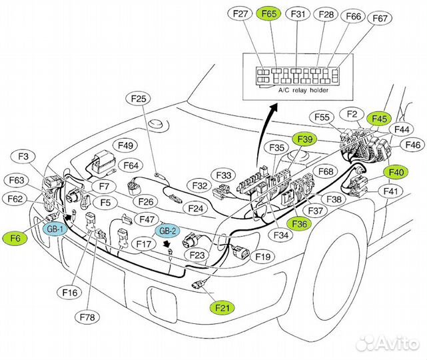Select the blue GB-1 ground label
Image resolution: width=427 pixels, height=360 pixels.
tap(54, 229)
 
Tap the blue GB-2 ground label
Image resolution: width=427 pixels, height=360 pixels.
tap(167, 231)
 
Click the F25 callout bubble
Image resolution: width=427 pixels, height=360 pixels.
tap(139, 99)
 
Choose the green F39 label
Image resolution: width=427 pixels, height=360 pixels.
tap(304, 139)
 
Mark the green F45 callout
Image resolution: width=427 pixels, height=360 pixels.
tap(379, 118)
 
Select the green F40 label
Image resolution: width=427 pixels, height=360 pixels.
tap(396, 172)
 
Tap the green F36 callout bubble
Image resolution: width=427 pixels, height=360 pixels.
tap(299, 225)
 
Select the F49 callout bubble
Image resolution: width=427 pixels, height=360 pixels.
tap(127, 145)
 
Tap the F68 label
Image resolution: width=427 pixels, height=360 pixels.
tap(326, 172)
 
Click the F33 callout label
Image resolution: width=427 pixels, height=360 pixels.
tap(226, 175)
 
